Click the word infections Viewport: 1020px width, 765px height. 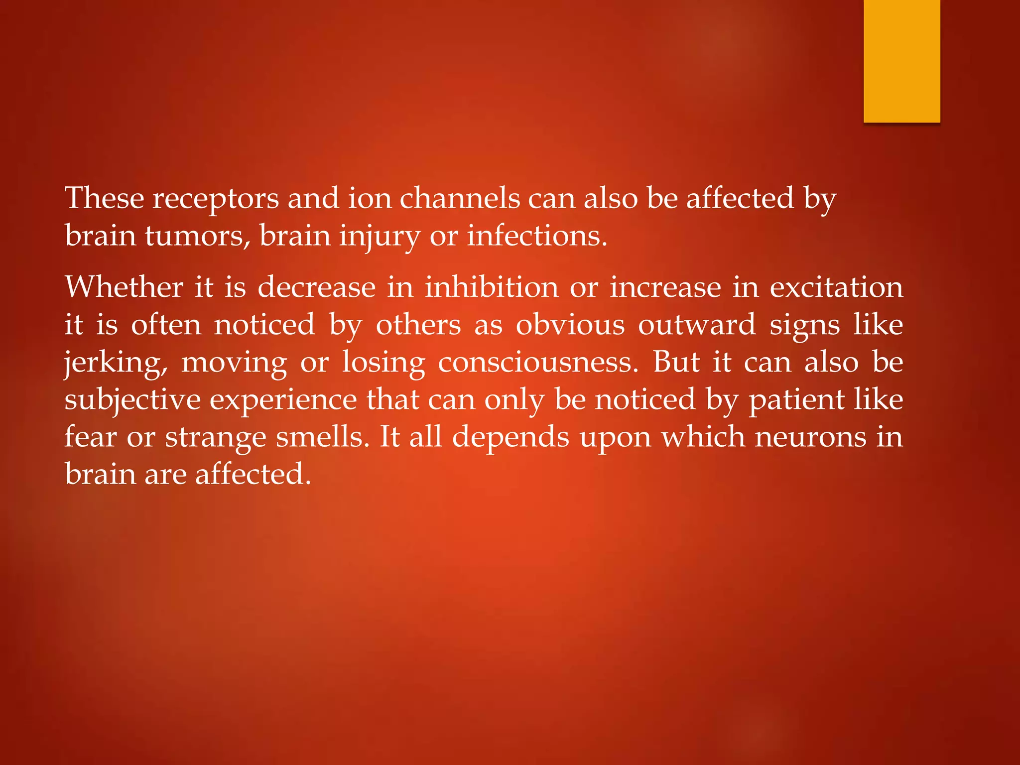coord(537,236)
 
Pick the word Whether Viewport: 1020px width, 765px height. coord(124,287)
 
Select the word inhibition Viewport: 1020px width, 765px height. coord(492,287)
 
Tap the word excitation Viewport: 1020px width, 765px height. coord(836,287)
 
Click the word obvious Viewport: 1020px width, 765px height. coord(570,325)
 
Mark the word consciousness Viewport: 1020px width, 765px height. coord(538,362)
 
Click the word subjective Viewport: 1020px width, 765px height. coord(132,400)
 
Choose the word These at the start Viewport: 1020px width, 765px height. coord(105,198)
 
